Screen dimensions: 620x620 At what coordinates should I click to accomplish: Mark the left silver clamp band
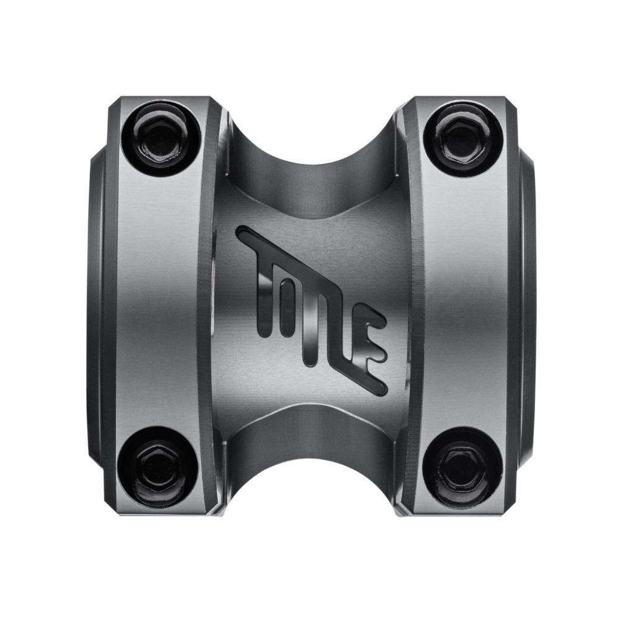point(161,304)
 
